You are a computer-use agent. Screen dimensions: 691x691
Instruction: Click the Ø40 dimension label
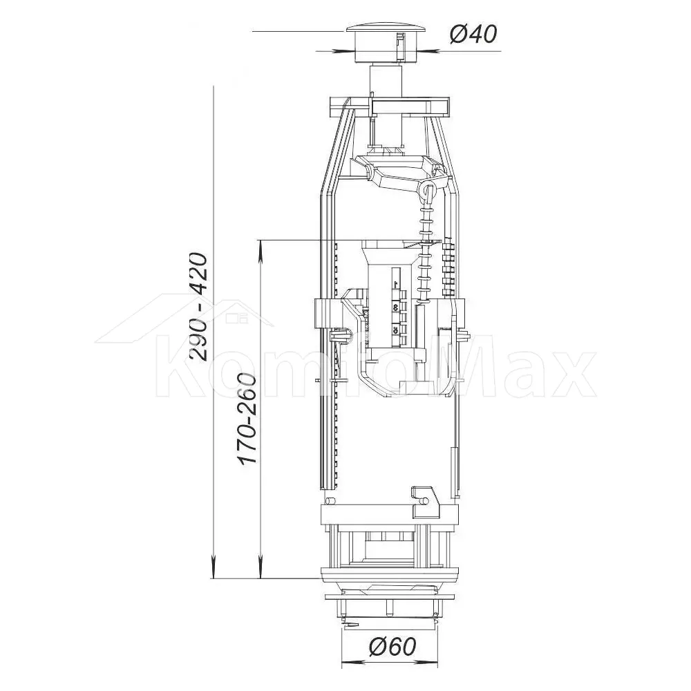tap(473, 35)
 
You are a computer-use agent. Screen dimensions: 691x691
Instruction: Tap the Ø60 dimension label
tap(392, 647)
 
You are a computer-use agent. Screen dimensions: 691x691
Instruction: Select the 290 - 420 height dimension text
tap(198, 307)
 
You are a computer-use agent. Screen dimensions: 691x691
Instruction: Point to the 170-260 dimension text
tap(248, 418)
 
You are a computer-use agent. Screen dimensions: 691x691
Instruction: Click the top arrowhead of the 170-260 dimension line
tap(261, 249)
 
